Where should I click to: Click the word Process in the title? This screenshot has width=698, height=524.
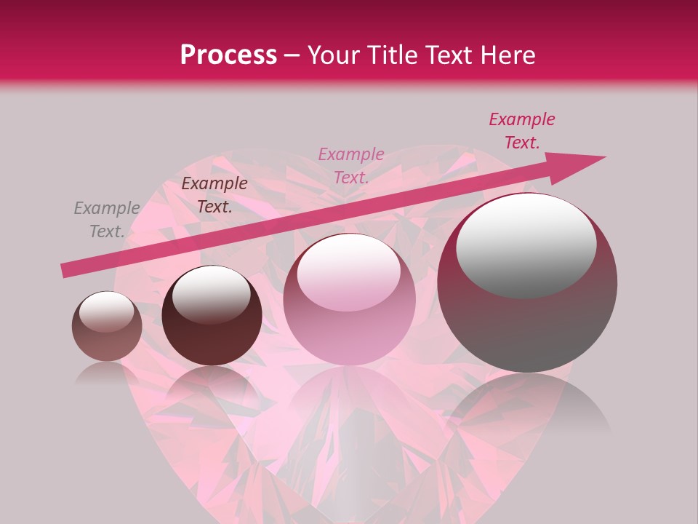[228, 55]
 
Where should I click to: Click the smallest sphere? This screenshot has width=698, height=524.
[107, 327]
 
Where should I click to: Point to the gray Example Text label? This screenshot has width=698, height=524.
[107, 220]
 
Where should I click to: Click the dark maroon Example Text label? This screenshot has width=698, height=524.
[214, 195]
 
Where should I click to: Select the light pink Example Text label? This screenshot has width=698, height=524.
[351, 166]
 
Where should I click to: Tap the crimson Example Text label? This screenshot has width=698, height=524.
[522, 131]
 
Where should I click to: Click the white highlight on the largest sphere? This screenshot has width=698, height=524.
[526, 244]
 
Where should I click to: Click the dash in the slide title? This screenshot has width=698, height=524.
[292, 55]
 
